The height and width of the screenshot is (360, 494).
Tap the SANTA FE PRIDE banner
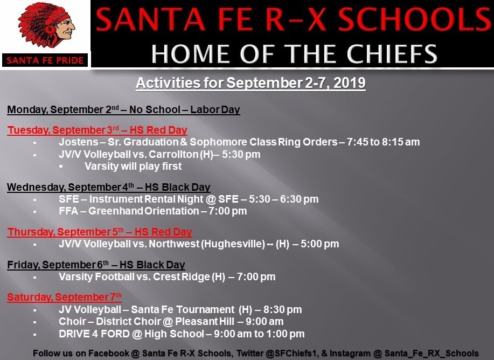pyautogui.click(x=45, y=60)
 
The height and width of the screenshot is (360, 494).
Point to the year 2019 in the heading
pyautogui.click(x=350, y=83)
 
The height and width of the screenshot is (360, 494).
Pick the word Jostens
pyautogui.click(x=79, y=142)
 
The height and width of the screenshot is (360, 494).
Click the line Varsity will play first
pyautogui.click(x=133, y=166)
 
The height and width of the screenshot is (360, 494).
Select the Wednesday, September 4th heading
pyautogui.click(x=109, y=187)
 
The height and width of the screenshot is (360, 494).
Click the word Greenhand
pyautogui.click(x=116, y=211)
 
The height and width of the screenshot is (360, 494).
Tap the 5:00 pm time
pyautogui.click(x=320, y=244)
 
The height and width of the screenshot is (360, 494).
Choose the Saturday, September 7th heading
pyautogui.click(x=64, y=297)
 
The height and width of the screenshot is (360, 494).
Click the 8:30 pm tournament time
pyautogui.click(x=283, y=309)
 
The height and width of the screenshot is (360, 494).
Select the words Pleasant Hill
pyautogui.click(x=205, y=322)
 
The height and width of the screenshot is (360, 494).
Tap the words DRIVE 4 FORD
pyautogui.click(x=94, y=334)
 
